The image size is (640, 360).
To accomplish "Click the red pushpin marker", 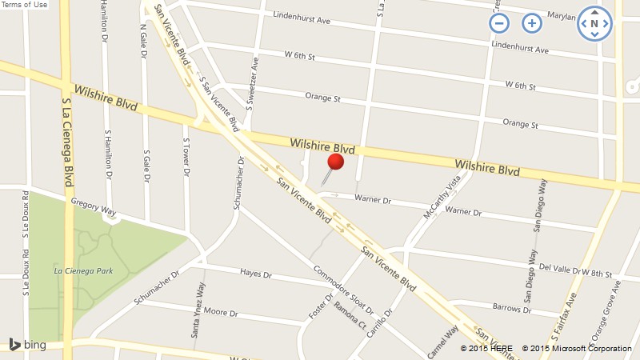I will click(x=335, y=162).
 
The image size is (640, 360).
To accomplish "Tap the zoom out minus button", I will click(x=499, y=23).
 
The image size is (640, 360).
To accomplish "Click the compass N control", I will click(x=594, y=23).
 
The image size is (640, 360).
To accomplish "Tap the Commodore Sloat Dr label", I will click(x=343, y=289).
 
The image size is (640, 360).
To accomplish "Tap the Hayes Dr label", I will click(x=256, y=274).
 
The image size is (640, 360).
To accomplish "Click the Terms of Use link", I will click(x=24, y=5).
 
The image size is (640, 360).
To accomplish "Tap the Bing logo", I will click(x=27, y=345).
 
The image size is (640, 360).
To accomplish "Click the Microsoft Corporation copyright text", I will click(x=577, y=348).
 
